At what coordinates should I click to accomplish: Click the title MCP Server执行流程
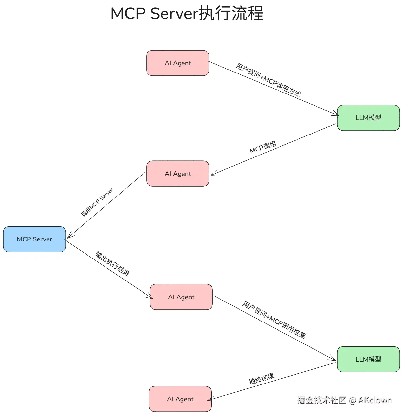point(187,14)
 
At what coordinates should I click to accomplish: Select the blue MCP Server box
point(34,239)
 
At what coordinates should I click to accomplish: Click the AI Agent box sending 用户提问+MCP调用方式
point(178,63)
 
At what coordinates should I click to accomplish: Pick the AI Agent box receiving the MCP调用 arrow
point(178,174)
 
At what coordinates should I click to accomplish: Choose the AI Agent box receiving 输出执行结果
point(181,297)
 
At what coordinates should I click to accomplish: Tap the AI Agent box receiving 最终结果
point(180,399)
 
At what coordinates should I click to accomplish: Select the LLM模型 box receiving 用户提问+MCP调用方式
point(368,118)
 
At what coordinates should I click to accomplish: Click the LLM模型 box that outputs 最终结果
point(368,359)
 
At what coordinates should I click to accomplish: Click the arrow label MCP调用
point(263,147)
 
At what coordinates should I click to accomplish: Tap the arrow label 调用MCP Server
point(97,202)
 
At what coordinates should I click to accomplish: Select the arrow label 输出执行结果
point(112,264)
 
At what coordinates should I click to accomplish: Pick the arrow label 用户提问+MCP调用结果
point(274,320)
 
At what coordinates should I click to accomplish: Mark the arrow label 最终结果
point(261,379)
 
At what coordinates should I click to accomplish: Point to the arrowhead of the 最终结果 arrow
point(210,399)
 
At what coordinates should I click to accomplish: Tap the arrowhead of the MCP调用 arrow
point(213,174)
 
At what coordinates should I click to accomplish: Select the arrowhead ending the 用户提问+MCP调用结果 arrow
point(334,360)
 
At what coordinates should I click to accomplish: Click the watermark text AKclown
point(375,400)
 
